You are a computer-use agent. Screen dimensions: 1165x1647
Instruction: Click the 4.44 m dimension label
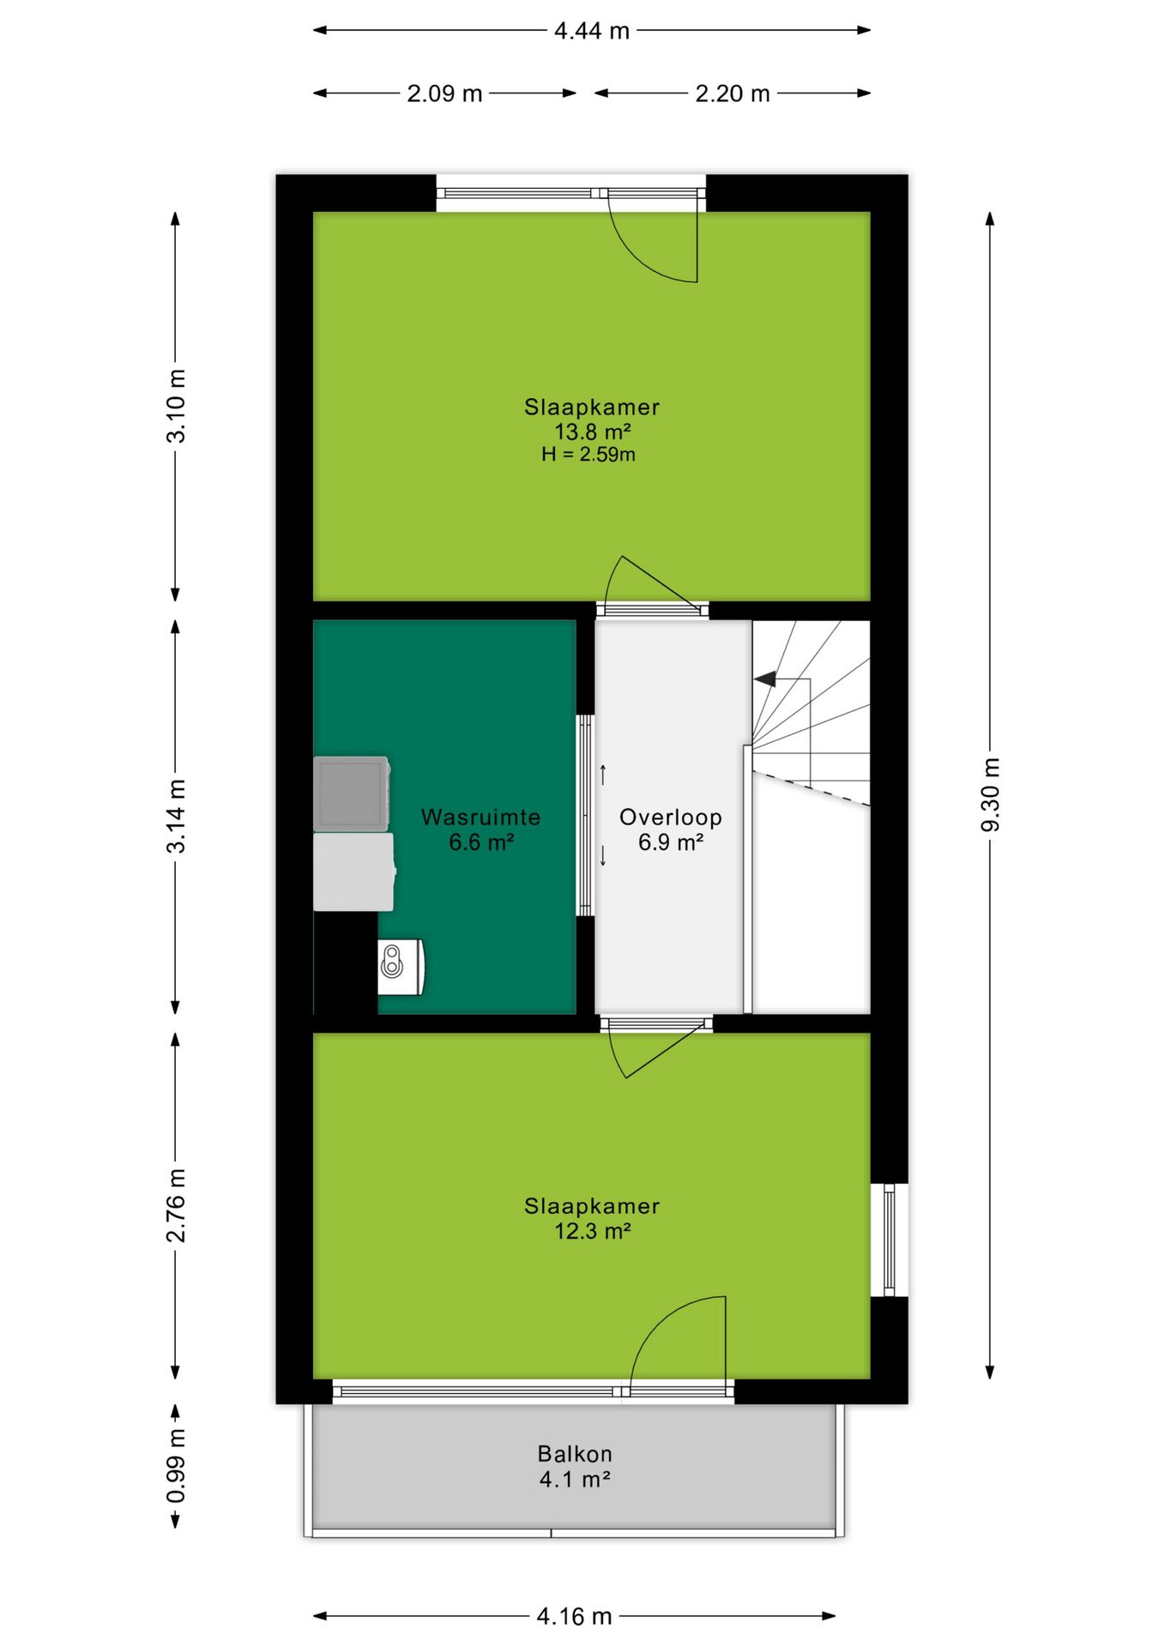(591, 31)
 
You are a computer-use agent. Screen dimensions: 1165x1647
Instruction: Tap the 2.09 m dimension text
(444, 94)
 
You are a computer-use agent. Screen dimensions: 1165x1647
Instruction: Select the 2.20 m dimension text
(732, 94)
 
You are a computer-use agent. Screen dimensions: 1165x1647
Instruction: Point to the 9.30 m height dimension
(990, 794)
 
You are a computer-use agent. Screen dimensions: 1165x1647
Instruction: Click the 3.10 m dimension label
(176, 406)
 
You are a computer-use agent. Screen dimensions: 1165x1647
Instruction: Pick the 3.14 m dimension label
(176, 816)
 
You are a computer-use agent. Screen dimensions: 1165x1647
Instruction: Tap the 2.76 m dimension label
(176, 1204)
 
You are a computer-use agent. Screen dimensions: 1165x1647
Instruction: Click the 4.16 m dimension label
(574, 1617)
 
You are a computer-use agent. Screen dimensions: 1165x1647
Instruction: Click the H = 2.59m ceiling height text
(589, 455)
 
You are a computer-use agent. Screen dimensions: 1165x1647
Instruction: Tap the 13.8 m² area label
(592, 431)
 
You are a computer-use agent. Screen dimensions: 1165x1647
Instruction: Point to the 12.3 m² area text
(592, 1231)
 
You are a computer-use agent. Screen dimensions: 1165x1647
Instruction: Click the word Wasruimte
(480, 817)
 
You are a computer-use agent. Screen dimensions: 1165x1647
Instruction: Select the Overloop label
(671, 817)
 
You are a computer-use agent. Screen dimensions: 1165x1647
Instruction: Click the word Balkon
(575, 1454)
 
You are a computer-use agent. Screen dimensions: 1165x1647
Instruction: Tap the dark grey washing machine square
(352, 793)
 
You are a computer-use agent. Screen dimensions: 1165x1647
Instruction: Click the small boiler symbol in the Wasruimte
(401, 967)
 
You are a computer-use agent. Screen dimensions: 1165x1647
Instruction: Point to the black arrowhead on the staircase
(765, 679)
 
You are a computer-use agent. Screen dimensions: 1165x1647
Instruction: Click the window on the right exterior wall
(890, 1240)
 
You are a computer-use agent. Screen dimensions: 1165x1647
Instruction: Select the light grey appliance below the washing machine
(353, 872)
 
